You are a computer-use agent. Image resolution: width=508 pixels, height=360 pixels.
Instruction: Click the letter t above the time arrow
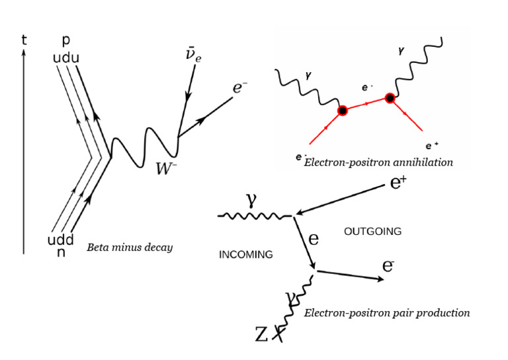pyautogui.click(x=24, y=40)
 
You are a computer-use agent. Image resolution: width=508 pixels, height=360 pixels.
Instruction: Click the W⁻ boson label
pyautogui.click(x=167, y=168)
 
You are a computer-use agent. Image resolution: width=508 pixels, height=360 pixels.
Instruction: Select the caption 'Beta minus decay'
pyautogui.click(x=130, y=247)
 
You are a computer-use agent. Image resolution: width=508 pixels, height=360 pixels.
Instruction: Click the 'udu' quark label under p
pyautogui.click(x=66, y=58)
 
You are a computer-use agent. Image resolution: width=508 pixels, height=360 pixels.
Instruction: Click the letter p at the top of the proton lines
pyautogui.click(x=66, y=41)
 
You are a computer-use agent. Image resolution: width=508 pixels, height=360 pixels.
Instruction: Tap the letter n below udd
pyautogui.click(x=61, y=252)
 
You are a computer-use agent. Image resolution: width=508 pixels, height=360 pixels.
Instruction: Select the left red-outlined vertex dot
pyautogui.click(x=342, y=111)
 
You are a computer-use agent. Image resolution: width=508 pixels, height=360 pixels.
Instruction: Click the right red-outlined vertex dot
pyautogui.click(x=390, y=99)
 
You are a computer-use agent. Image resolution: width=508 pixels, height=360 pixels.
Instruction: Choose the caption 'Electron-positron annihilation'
pyautogui.click(x=378, y=162)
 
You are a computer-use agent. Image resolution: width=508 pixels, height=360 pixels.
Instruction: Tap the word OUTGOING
pyautogui.click(x=373, y=232)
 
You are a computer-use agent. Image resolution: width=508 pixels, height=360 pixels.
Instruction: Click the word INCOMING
pyautogui.click(x=245, y=255)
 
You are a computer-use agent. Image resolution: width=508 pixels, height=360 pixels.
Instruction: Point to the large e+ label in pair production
pyautogui.click(x=398, y=183)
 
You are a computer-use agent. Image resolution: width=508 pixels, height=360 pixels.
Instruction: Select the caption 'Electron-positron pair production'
pyautogui.click(x=387, y=313)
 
